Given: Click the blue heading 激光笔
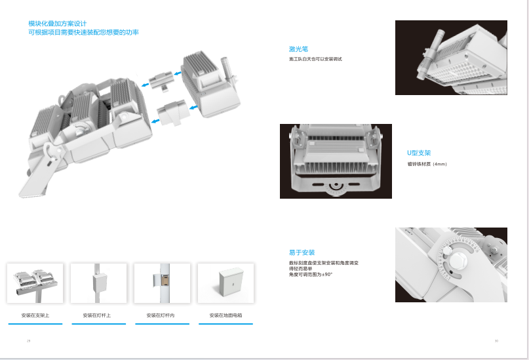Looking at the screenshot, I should [x=298, y=49].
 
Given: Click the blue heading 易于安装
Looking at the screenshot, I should [x=302, y=252].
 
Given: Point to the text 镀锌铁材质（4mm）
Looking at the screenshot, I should [x=427, y=163].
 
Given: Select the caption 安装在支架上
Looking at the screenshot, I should [x=35, y=315].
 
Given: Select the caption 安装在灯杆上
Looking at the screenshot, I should [x=97, y=315].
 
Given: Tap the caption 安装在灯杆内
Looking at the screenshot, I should [x=161, y=315].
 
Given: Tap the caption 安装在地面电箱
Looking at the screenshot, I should [x=225, y=315].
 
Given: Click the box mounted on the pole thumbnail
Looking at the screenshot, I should [x=100, y=283].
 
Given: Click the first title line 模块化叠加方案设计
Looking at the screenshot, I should [x=57, y=24].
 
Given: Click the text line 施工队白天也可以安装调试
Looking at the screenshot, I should [x=316, y=60].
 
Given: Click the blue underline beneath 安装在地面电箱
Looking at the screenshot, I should [x=225, y=323].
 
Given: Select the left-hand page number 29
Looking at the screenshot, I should [x=29, y=341].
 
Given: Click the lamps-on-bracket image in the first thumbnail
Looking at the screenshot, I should [x=35, y=280].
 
